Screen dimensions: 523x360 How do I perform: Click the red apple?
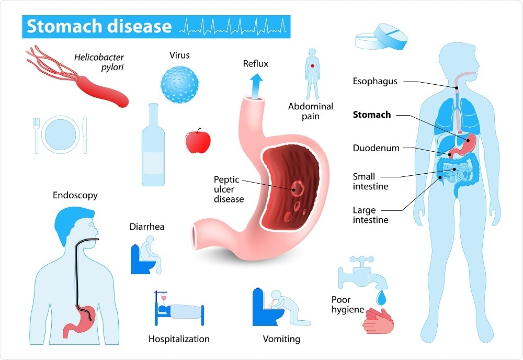click(x=198, y=141)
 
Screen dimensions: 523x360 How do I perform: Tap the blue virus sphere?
click(x=179, y=84)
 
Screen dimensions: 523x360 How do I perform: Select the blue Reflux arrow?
click(x=256, y=86)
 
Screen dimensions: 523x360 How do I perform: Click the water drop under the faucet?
click(x=381, y=298)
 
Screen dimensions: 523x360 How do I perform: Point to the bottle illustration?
click(x=153, y=144)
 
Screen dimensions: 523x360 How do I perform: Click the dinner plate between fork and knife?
click(x=60, y=134)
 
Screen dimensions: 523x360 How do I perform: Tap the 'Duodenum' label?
click(x=376, y=148)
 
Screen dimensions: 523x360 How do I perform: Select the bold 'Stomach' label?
click(x=372, y=115)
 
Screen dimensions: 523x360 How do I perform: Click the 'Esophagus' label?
click(x=375, y=82)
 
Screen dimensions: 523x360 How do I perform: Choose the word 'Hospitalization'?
click(x=179, y=339)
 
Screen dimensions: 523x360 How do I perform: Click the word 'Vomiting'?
click(x=281, y=339)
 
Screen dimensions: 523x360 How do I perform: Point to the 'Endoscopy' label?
click(x=75, y=195)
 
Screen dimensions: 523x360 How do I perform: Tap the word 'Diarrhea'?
click(x=147, y=227)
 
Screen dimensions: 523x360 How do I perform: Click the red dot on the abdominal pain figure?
click(x=313, y=66)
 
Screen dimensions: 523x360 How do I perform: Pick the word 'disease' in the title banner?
click(x=140, y=26)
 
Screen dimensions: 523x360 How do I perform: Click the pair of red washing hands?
click(x=379, y=321)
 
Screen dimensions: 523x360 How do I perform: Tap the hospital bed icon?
click(x=179, y=308)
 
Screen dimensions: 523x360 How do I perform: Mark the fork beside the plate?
click(x=37, y=135)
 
